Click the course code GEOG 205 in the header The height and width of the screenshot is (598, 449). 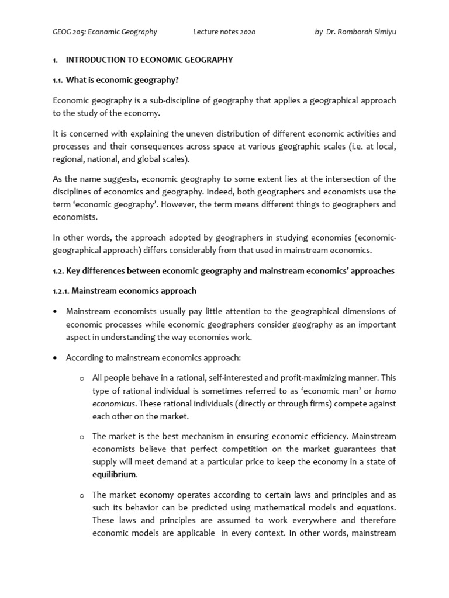(68, 32)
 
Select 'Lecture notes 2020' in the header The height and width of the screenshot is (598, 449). (224, 32)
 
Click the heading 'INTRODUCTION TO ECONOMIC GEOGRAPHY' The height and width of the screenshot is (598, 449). (149, 60)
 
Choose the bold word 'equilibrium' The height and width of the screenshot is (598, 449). (114, 475)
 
